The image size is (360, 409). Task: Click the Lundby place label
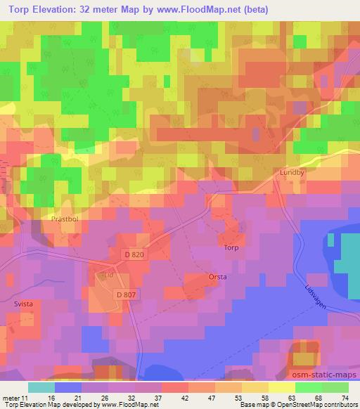291,172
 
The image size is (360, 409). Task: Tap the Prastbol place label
67,219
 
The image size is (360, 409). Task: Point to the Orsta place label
217,277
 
